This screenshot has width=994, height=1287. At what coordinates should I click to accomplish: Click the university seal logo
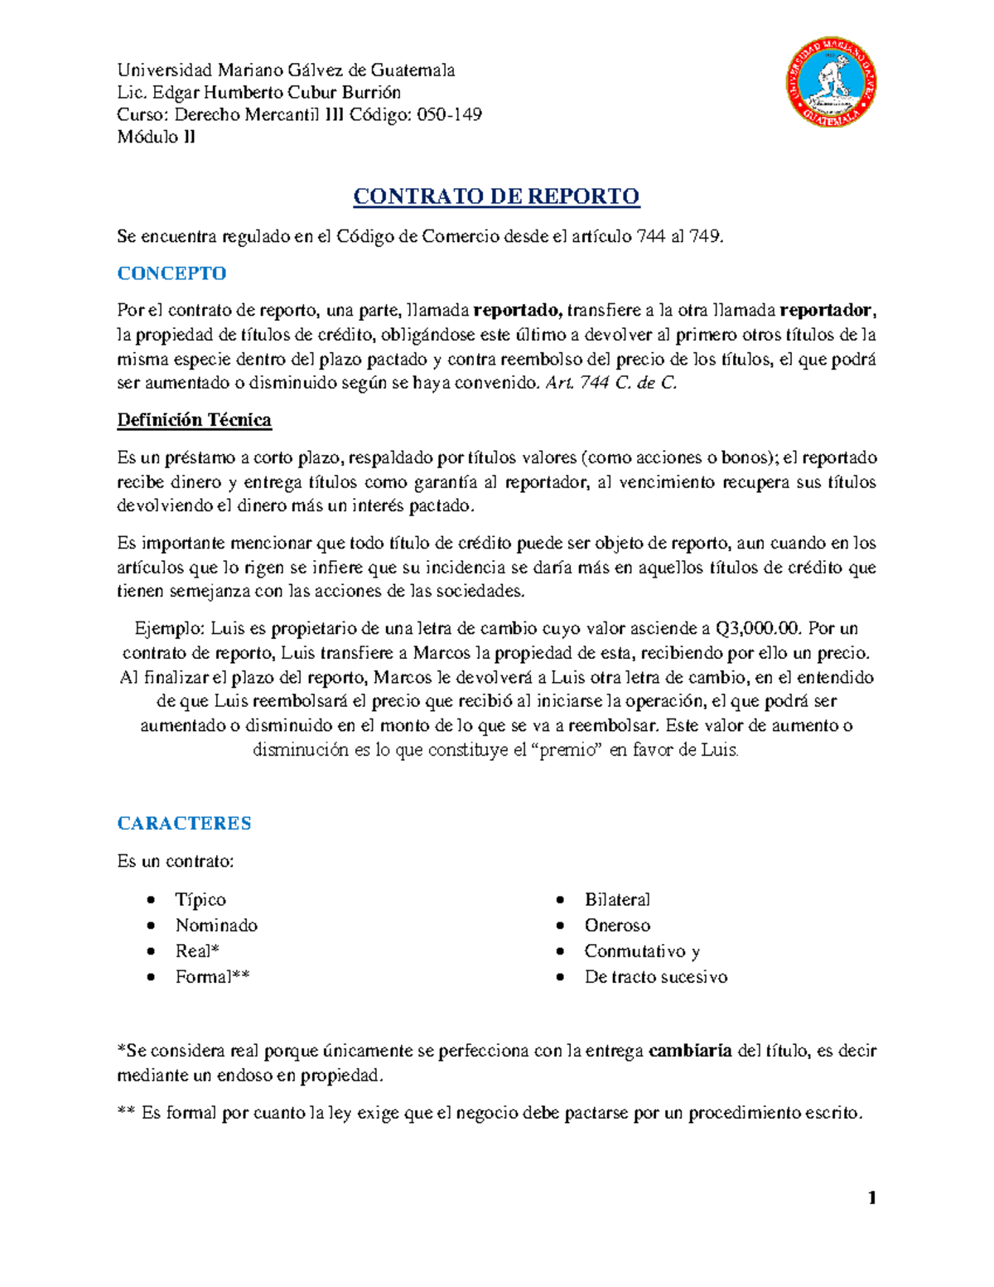click(x=831, y=84)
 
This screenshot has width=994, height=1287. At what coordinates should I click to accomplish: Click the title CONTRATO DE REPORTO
click(x=496, y=196)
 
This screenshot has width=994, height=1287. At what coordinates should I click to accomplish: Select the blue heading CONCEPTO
click(x=171, y=273)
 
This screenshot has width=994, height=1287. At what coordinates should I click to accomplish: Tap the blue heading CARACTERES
click(x=184, y=823)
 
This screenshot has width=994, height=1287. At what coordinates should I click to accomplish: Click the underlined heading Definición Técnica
click(x=194, y=420)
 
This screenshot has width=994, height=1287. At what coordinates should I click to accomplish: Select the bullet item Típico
click(x=200, y=899)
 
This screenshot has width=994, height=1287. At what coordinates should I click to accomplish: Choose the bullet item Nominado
click(x=216, y=925)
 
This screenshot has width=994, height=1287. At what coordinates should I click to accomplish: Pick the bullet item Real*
click(x=197, y=951)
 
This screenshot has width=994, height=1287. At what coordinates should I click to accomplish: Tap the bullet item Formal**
click(x=212, y=976)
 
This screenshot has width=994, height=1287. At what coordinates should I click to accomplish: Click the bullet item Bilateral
click(x=617, y=899)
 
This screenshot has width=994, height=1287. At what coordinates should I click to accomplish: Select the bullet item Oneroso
click(x=617, y=925)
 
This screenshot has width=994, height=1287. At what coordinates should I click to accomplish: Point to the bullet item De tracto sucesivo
click(x=656, y=976)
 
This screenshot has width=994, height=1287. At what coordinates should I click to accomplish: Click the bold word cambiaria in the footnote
click(x=690, y=1051)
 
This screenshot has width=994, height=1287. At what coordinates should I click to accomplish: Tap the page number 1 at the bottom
click(x=871, y=1197)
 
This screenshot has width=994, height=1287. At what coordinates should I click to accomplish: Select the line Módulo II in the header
click(x=156, y=137)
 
